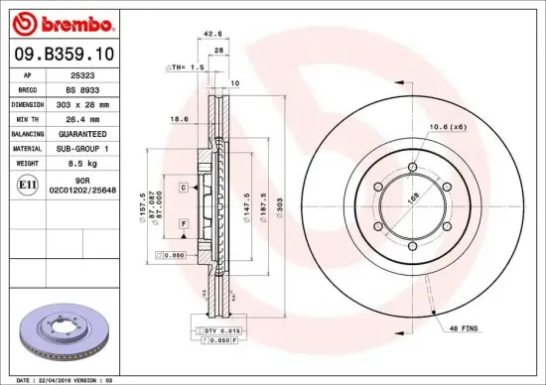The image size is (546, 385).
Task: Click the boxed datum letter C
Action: click(x=184, y=188)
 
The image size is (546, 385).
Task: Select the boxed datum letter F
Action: click(x=184, y=226)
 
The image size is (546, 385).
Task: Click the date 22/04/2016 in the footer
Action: click(x=63, y=378)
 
